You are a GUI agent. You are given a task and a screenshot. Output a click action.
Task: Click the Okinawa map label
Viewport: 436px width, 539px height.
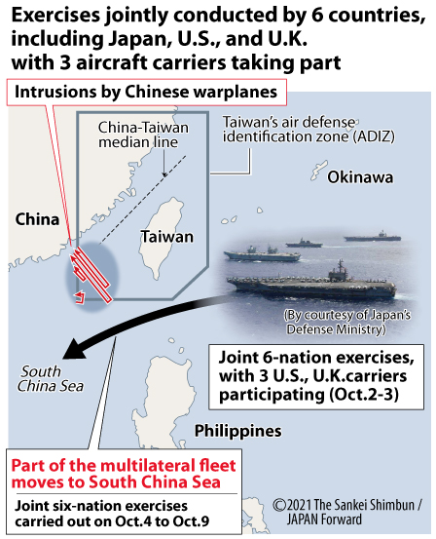pos(360,177)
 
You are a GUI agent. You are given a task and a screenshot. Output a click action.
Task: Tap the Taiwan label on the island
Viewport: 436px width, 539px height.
pos(167,237)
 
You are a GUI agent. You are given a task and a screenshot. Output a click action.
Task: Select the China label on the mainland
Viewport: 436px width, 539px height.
pos(37,219)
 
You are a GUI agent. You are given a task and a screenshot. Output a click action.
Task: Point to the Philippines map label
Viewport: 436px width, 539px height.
pos(237,431)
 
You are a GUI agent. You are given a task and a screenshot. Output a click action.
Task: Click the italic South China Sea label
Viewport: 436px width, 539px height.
pos(51,379)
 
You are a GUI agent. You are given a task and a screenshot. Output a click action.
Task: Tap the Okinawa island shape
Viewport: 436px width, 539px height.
pos(318,171)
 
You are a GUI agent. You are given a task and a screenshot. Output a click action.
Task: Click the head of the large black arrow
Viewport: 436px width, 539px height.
pos(75,350)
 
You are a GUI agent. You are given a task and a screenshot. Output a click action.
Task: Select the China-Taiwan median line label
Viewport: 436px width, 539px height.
pos(143,135)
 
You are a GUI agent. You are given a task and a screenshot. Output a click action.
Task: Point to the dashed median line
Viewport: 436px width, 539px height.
pos(143,200)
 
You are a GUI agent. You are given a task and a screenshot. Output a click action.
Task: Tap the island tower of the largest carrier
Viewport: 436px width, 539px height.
pos(340,270)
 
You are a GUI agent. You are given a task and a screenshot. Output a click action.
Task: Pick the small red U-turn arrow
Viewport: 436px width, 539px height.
pos(81,297)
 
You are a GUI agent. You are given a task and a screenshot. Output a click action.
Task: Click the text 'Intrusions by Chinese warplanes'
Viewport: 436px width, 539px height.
pos(146,92)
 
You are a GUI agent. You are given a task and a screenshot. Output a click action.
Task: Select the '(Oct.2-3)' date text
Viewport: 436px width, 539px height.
pos(364,395)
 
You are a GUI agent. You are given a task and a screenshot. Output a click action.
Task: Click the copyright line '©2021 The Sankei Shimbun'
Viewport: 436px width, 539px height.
pos(347,505)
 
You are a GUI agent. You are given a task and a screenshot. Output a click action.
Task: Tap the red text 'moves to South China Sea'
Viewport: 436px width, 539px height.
pos(116,481)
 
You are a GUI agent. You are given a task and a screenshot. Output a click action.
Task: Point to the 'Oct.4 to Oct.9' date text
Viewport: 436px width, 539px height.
pos(162,521)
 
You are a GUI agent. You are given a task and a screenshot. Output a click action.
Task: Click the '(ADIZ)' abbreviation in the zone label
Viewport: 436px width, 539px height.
pos(375,136)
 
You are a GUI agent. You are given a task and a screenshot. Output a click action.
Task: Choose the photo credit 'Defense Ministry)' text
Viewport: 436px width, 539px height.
pos(336,329)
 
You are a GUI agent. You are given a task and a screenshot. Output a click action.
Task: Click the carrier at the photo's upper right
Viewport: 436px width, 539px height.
pos(373,237)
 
